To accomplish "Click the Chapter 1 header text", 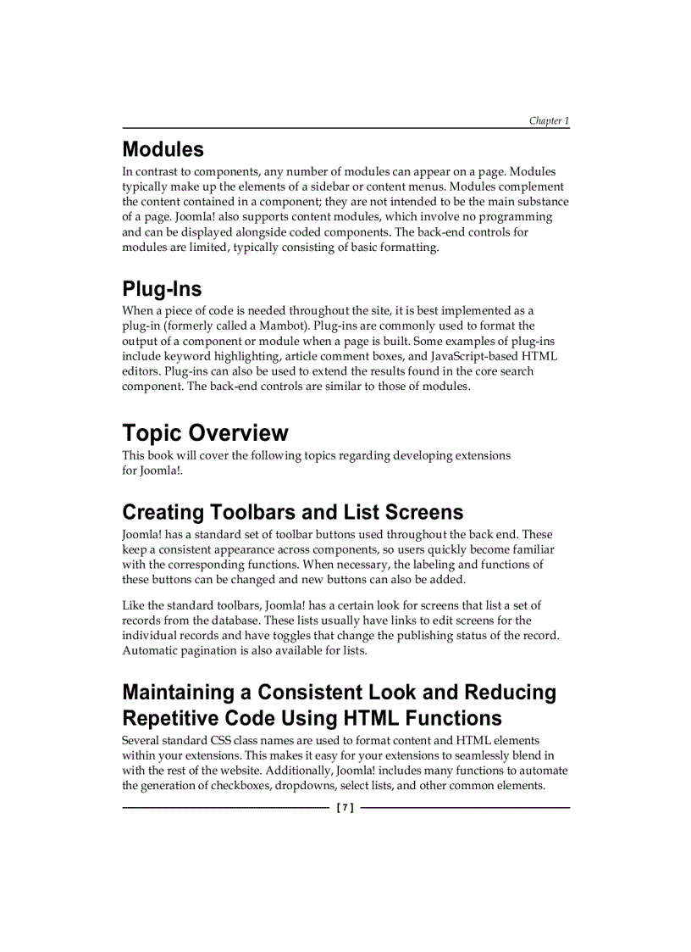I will [549, 121].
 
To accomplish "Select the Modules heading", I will [163, 150].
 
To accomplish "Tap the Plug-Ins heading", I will [162, 289].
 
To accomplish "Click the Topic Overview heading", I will [205, 433].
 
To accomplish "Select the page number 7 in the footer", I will [345, 808].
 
